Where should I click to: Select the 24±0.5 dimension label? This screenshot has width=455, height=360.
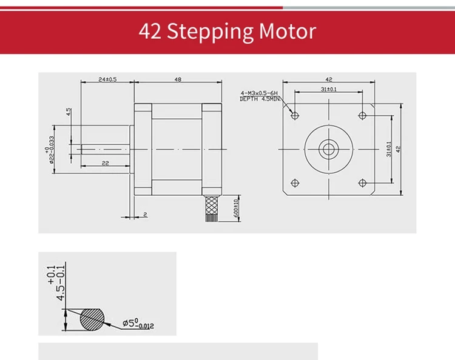[x=107, y=79]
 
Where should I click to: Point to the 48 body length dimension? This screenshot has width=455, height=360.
[x=178, y=79]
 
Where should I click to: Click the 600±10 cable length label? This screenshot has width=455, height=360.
[x=236, y=209]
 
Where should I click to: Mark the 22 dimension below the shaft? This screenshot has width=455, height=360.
[x=105, y=164]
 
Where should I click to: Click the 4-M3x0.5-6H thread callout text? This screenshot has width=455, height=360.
[x=260, y=93]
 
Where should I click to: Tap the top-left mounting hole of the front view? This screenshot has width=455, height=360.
[x=295, y=114]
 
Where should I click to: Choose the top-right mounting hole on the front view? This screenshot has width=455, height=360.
[x=362, y=114]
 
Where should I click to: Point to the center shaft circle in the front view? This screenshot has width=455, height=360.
[x=328, y=148]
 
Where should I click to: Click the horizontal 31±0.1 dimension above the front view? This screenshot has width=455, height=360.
[x=329, y=89]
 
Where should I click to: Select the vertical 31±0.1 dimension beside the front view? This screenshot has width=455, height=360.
[x=389, y=148]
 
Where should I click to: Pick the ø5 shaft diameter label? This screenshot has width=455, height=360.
[x=138, y=324]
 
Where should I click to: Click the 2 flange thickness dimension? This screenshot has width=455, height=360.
[x=146, y=214]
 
